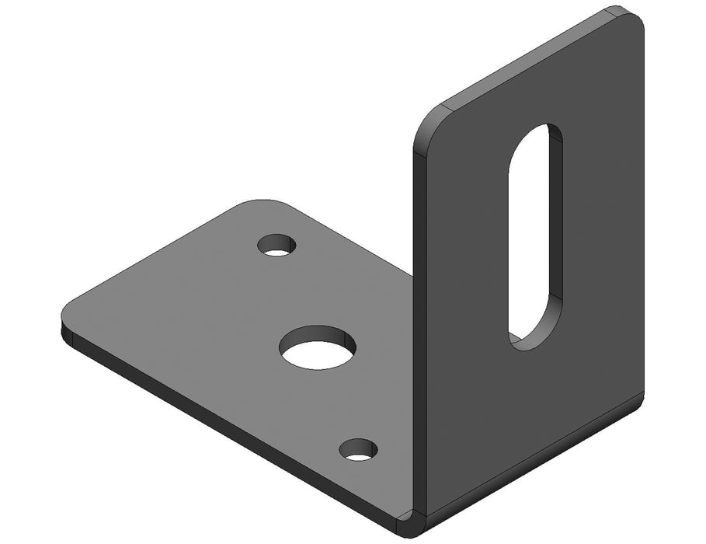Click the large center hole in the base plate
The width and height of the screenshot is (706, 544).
[318, 347]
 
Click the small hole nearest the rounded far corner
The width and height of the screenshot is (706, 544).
[277, 245]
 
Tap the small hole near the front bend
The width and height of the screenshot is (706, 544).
[358, 448]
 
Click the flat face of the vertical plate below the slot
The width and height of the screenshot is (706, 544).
[536, 412]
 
